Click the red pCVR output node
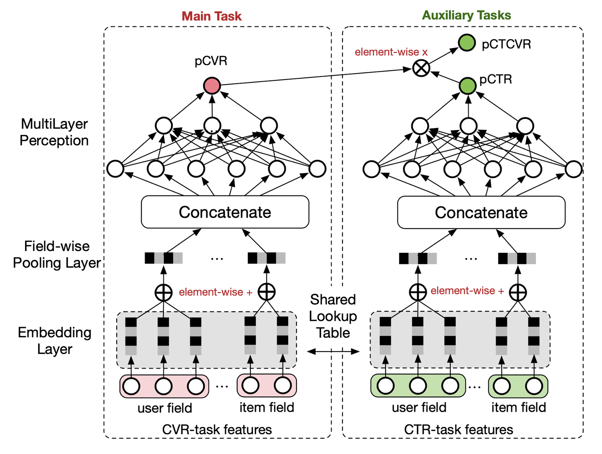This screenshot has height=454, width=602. click(x=212, y=86)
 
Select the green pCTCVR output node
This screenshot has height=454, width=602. click(x=467, y=43)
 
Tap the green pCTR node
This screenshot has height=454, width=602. click(x=467, y=86)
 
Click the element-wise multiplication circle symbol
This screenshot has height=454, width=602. click(x=421, y=68)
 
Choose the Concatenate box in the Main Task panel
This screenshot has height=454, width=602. click(x=225, y=212)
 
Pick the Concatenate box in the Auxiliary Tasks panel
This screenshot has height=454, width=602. click(x=481, y=213)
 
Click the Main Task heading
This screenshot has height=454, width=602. click(x=212, y=16)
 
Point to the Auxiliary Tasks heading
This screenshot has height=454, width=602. click(x=466, y=15)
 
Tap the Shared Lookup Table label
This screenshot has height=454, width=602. click(x=333, y=316)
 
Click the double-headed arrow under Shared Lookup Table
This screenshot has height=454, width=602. click(x=333, y=351)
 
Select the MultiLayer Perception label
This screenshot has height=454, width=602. click(x=54, y=132)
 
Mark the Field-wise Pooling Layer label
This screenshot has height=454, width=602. click(x=57, y=254)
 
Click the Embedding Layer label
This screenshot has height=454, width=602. click(x=54, y=341)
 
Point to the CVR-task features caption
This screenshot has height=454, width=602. click(x=217, y=429)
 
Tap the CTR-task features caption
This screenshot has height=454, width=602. click(x=459, y=429)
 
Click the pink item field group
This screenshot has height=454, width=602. click(x=267, y=385)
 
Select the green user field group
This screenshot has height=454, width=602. click(x=418, y=386)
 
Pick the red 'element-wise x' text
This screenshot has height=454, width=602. click(x=391, y=52)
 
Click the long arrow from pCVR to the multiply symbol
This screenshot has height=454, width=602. click(x=314, y=77)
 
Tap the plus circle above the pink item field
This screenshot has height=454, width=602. click(x=267, y=292)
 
